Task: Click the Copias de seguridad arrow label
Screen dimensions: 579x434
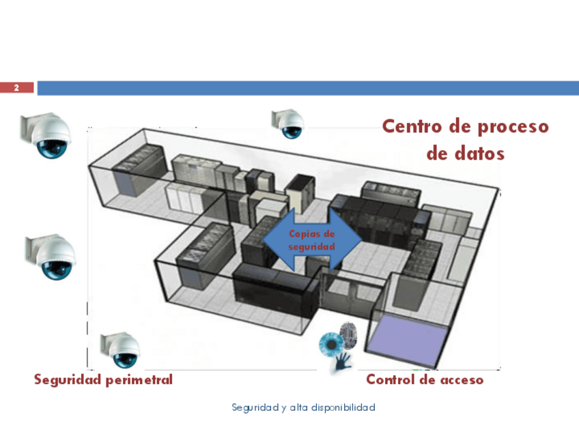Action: [312, 240]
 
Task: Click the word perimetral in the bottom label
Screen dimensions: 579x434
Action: [139, 380]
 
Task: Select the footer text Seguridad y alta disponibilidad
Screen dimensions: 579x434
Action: [304, 408]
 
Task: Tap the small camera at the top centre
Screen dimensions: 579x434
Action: [289, 123]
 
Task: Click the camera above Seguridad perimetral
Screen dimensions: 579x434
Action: [121, 349]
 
